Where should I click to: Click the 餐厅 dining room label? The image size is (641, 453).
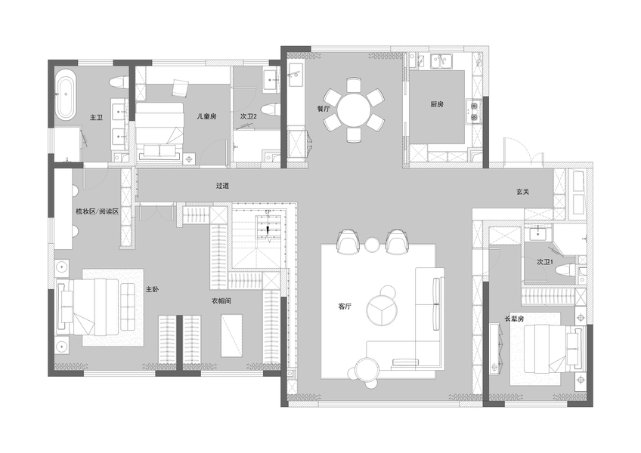coord(323,109)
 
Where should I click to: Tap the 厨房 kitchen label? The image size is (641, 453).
coord(437,104)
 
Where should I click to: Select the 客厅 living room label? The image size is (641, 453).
coord(345,307)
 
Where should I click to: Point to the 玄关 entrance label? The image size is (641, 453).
coord(522,191)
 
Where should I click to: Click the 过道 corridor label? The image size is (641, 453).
coord(222,186)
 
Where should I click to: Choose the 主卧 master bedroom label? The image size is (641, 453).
coord(152,290)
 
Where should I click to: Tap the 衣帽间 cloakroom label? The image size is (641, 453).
coord(221,301)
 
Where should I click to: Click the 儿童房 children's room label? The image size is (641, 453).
coord(206,116)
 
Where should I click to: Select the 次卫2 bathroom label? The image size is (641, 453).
coord(248,116)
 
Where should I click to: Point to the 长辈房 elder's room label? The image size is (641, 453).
coord(514,319)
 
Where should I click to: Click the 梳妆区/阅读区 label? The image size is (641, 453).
coord(97,211)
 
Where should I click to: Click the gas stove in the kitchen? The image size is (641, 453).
coord(474,112)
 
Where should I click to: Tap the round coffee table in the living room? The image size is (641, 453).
coord(382,310)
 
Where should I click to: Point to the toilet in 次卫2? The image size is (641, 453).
coord(271,110)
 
